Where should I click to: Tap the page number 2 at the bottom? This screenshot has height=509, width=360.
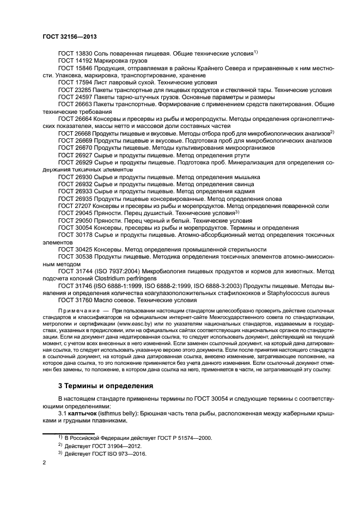pyautogui.click(x=44, y=462)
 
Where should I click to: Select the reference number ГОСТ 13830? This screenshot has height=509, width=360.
pyautogui.click(x=75, y=53)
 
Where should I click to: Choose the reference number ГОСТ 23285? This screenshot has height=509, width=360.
pyautogui.click(x=75, y=89)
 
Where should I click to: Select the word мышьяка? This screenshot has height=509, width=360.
pyautogui.click(x=246, y=177)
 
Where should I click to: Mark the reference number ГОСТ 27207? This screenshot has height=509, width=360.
pyautogui.click(x=75, y=207)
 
